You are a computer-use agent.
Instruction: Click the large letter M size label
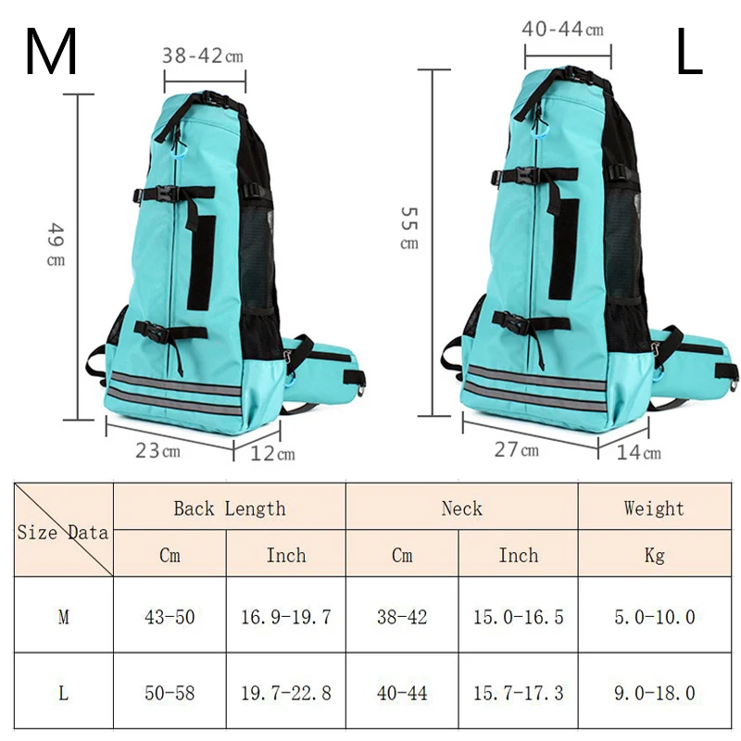pos(51,53)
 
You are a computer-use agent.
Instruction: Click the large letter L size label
pos(688,53)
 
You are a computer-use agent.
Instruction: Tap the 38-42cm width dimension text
pos(203,56)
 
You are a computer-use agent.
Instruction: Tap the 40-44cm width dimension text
pos(562,30)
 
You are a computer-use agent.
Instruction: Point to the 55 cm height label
pos(408,228)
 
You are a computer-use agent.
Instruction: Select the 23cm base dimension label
pos(158,451)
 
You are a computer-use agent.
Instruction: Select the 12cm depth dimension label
pos(273,453)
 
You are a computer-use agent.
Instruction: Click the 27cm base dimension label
pos(516,450)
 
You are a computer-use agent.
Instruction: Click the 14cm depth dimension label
pos(639,452)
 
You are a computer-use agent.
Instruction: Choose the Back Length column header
pos(229,509)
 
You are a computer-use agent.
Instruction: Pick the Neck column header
pos(461,509)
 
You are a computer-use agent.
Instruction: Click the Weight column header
pos(653,509)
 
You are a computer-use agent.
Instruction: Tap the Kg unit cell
pos(653,556)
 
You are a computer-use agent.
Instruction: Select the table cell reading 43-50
pos(170,617)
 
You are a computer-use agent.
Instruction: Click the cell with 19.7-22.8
pos(286,692)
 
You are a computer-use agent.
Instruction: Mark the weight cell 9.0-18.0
pos(653,692)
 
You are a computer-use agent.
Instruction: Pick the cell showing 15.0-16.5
pos(518,617)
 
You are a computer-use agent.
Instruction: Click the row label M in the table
pos(63,617)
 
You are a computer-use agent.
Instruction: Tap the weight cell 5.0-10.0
pos(653,617)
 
